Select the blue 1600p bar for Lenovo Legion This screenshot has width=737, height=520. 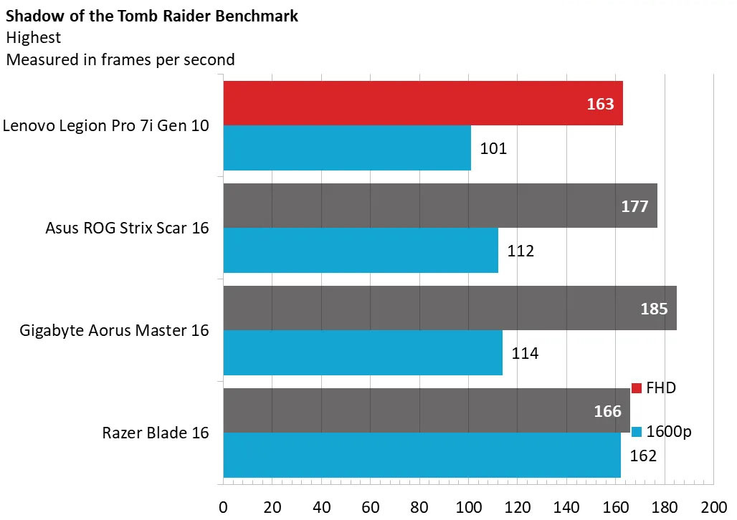(347, 148)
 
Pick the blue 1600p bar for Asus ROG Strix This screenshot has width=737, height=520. (361, 251)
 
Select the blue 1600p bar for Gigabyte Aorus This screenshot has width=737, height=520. (363, 353)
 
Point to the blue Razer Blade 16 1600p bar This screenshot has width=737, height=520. (422, 456)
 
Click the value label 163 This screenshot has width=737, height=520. (600, 104)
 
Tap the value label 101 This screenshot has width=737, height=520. (493, 149)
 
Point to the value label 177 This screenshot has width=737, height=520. (634, 206)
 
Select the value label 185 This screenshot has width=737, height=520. (654, 309)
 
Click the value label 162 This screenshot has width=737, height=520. (642, 456)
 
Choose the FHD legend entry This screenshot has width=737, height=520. (654, 388)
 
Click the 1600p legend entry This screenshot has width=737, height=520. (661, 432)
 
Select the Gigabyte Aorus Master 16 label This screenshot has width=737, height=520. (115, 330)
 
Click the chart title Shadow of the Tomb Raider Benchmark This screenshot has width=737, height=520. (152, 16)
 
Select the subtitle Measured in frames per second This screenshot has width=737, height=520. (120, 59)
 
